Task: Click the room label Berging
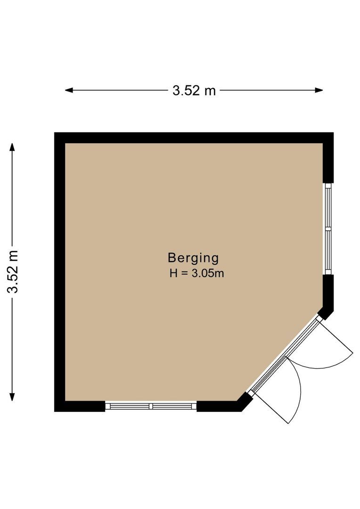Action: [x=193, y=258]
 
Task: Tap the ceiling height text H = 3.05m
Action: [x=196, y=273]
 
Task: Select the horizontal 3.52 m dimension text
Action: [x=194, y=90]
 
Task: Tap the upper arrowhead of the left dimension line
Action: [x=13, y=147]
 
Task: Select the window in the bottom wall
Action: [x=151, y=406]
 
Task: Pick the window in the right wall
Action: [x=328, y=229]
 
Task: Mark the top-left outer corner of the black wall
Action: [x=55, y=133]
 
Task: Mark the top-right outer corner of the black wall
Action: [x=333, y=133]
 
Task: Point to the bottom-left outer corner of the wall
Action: [x=55, y=411]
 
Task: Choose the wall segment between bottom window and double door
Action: [x=221, y=406]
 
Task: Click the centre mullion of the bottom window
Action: [x=151, y=406]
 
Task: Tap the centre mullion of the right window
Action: [x=328, y=229]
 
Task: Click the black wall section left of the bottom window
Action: [x=80, y=406]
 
